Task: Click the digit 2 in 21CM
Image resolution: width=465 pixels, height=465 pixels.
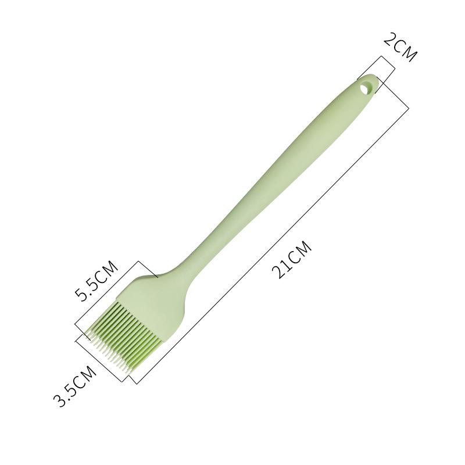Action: point(278,272)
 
